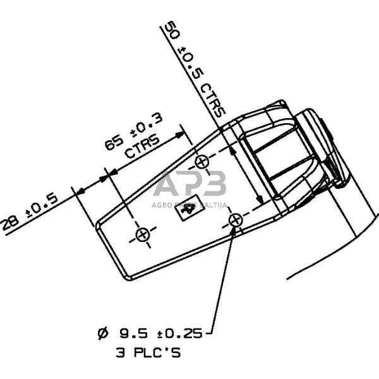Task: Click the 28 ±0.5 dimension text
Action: point(30,214)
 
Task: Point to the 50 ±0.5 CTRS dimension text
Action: point(193,69)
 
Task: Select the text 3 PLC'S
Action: point(148,352)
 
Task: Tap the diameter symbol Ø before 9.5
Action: point(104,332)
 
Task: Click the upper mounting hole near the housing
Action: point(202,162)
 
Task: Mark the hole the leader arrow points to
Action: point(235,220)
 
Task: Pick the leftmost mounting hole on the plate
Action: point(142,235)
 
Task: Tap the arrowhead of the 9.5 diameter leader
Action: point(232,232)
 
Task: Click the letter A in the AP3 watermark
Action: point(167,185)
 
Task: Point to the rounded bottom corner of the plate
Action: point(128,277)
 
